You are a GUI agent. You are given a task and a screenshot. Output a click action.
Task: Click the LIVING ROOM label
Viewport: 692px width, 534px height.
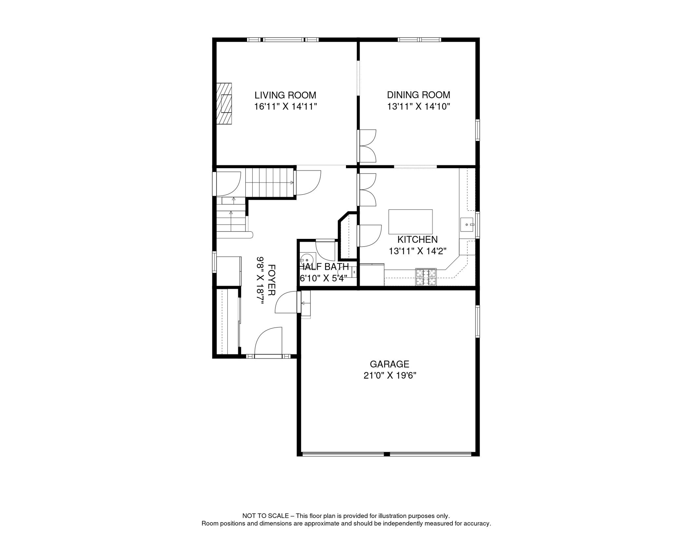(x=285, y=95)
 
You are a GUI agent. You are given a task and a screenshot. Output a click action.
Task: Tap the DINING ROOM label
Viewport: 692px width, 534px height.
(x=418, y=95)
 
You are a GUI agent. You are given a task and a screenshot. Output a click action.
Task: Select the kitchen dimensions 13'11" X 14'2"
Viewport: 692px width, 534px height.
(x=417, y=251)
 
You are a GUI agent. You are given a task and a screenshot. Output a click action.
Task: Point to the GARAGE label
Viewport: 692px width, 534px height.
(x=389, y=364)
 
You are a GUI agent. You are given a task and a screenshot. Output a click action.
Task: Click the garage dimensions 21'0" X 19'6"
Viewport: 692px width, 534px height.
(x=390, y=375)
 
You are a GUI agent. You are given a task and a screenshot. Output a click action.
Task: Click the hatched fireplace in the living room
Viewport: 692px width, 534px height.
(x=224, y=104)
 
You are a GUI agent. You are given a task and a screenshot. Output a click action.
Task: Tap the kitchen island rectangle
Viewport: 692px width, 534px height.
(x=410, y=222)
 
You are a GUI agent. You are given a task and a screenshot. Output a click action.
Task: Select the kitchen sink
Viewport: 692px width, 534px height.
(x=467, y=225)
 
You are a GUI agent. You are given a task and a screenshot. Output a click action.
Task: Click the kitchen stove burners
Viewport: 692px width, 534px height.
(x=426, y=277)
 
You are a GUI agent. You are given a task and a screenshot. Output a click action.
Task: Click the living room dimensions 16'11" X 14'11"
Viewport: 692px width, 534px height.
(x=285, y=106)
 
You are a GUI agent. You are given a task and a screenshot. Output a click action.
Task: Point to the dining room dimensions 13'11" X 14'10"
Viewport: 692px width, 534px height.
(x=418, y=106)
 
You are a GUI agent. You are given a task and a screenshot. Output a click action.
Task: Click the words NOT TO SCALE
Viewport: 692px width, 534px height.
(x=266, y=516)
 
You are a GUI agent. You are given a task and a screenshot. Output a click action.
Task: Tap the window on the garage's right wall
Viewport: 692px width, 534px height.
(x=478, y=322)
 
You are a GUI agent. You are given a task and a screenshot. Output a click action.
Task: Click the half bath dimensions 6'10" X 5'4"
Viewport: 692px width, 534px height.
(x=323, y=278)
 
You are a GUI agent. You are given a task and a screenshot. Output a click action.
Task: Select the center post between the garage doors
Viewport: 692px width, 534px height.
(x=386, y=454)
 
